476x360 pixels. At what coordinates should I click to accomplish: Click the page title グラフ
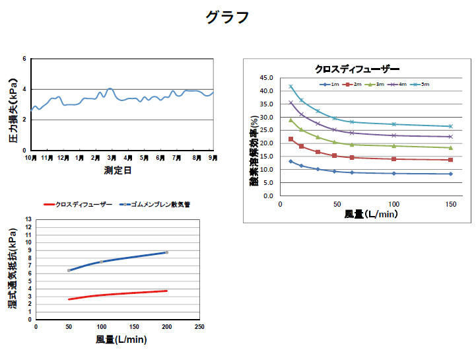[227, 18]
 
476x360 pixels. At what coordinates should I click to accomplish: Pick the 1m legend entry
[331, 85]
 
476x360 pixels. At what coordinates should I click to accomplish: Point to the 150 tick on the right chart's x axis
[451, 205]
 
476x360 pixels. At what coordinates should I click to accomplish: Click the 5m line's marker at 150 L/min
[451, 126]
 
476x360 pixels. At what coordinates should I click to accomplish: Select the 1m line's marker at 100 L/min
[394, 173]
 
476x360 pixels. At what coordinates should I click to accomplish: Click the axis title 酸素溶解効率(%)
[254, 149]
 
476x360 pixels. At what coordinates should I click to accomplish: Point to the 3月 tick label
[112, 159]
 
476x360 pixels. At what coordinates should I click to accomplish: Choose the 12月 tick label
[63, 159]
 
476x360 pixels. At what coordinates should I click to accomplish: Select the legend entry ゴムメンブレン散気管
[158, 205]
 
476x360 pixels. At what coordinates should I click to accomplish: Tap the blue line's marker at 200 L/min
[166, 252]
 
